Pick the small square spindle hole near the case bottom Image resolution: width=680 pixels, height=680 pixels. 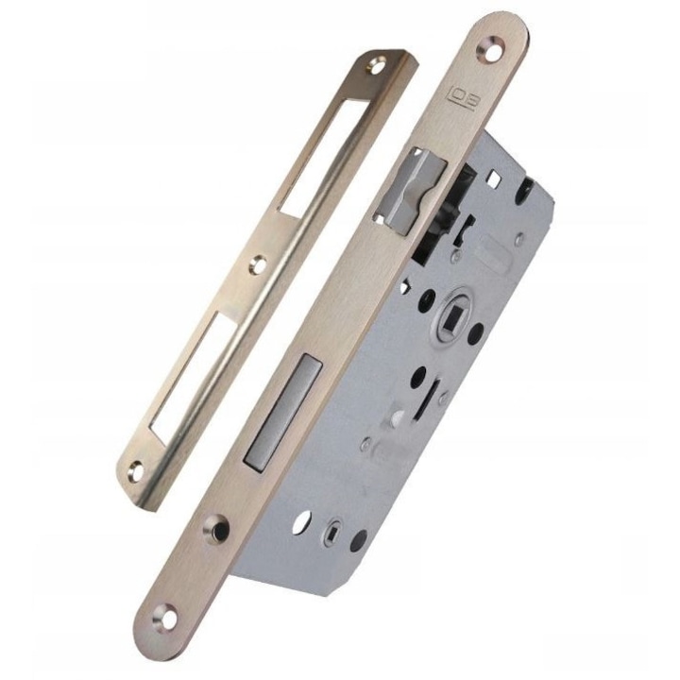tap(336, 531)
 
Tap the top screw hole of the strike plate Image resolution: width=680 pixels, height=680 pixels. tap(375, 66)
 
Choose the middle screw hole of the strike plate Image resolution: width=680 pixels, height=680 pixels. tap(258, 263)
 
